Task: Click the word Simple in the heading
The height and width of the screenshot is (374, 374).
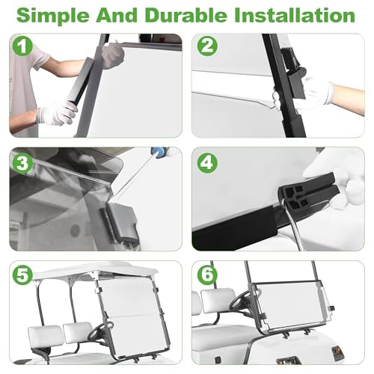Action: point(52,16)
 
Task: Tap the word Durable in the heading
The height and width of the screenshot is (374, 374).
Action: point(186,15)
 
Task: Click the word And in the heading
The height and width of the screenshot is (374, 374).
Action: point(117,15)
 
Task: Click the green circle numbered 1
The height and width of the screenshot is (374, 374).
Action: point(22,46)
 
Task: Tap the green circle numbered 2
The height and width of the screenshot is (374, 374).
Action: point(207,46)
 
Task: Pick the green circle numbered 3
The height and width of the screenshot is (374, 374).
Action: point(22,163)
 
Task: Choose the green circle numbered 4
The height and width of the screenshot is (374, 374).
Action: point(207,163)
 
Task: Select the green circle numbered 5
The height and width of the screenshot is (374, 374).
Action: point(22,275)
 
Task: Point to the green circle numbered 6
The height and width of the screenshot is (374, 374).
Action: point(207,275)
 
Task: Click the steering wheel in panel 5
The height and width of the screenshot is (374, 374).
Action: point(100,331)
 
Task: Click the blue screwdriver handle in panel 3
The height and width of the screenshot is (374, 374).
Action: point(159,152)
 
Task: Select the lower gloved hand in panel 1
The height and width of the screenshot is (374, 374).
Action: point(57,114)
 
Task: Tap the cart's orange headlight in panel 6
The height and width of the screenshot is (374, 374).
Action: point(337,352)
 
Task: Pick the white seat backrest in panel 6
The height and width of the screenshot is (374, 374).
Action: point(218,300)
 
